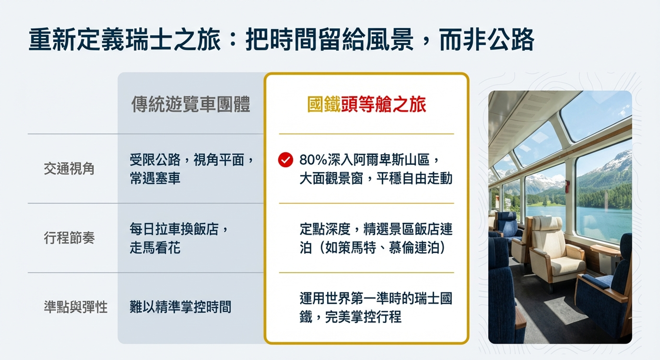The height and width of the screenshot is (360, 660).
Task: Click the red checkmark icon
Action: tap(285, 160)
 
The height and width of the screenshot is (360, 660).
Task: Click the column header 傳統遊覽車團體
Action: tap(191, 104)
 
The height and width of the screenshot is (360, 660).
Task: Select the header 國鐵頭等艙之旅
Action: tap(367, 104)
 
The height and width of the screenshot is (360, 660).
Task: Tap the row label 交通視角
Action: tap(69, 169)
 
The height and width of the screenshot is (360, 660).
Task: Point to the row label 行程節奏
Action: tap(69, 238)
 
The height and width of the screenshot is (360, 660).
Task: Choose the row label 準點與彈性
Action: tap(75, 307)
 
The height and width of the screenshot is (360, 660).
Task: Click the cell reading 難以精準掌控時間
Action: tap(180, 307)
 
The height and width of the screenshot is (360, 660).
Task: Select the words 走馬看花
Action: tap(155, 247)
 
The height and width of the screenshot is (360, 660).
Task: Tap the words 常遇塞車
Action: tap(155, 178)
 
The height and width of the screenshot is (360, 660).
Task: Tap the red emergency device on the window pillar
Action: tap(567, 186)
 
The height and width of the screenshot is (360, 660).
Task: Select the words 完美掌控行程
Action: tap(363, 317)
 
